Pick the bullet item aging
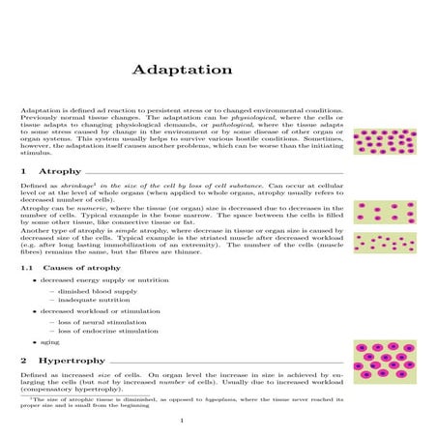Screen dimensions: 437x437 coord(48,341)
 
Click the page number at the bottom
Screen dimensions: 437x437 coord(182,421)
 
